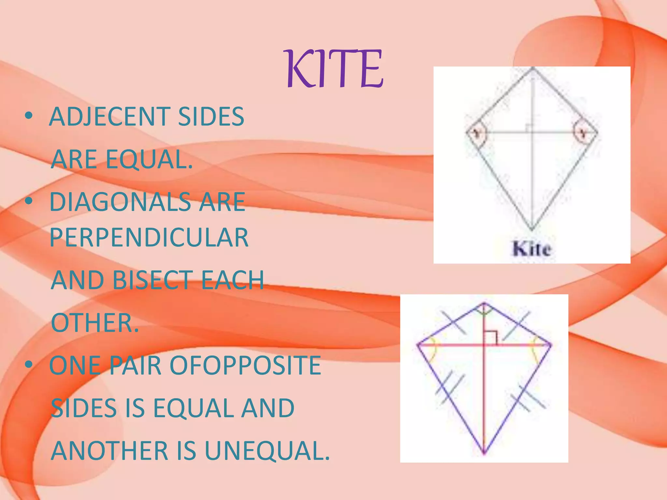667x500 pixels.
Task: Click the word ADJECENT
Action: click(109, 117)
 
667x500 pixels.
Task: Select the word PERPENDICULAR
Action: click(149, 237)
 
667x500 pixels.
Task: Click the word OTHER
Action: click(95, 323)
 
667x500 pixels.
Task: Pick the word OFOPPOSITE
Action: click(245, 365)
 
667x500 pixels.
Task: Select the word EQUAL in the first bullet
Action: click(149, 159)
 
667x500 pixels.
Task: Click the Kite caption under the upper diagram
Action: click(532, 249)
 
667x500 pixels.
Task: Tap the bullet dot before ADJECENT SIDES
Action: click(29, 116)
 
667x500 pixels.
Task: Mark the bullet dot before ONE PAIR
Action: click(29, 365)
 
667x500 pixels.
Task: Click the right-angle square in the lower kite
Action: click(490, 338)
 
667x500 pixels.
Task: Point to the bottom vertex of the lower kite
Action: click(484, 453)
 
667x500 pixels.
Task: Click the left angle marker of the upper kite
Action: click(476, 133)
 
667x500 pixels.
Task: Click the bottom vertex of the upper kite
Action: click(532, 229)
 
